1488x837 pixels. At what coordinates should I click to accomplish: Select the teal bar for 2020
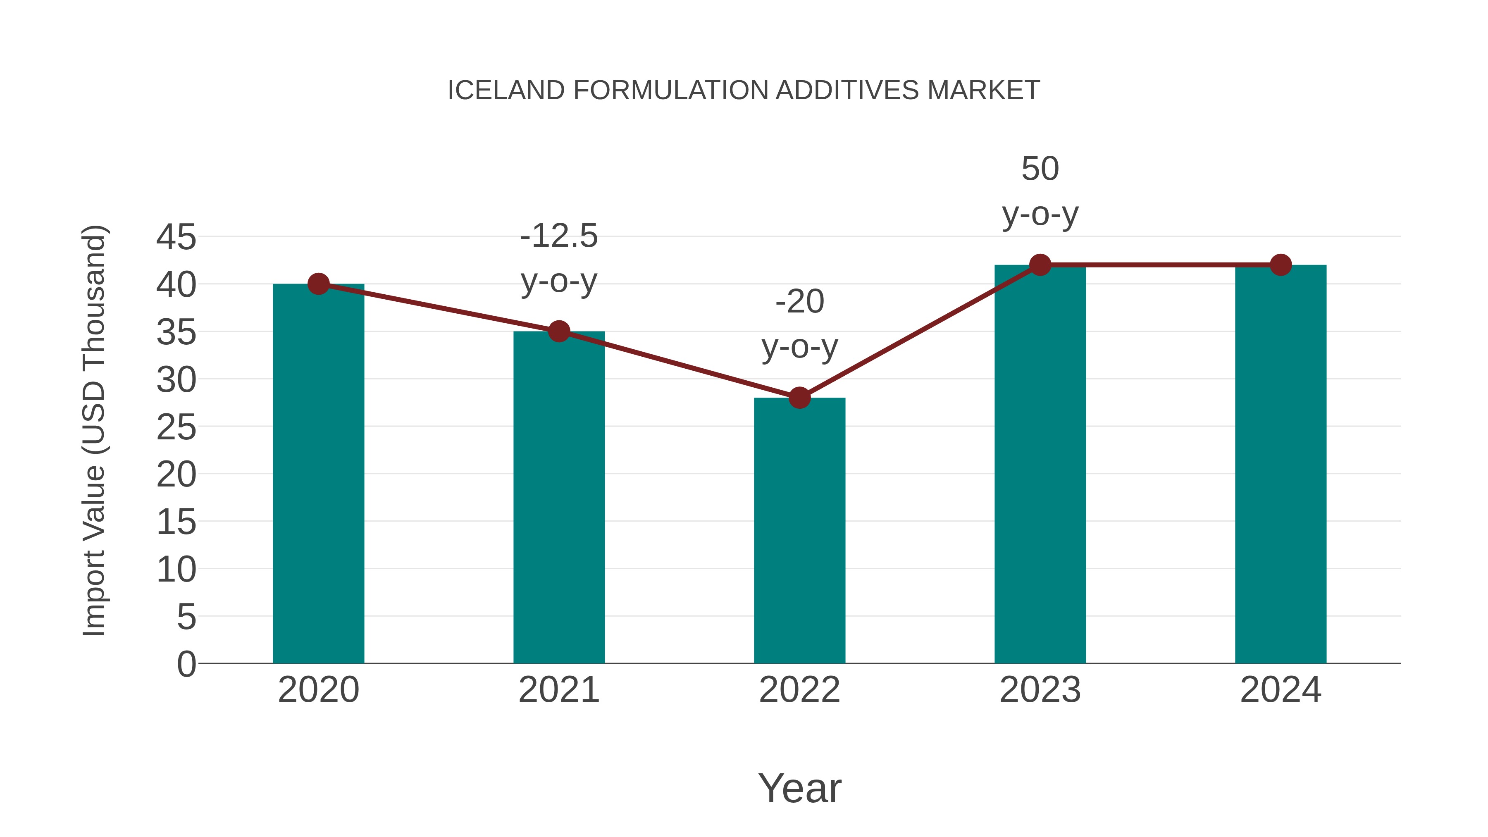pos(318,474)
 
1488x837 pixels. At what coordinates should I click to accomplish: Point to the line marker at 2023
pos(1040,265)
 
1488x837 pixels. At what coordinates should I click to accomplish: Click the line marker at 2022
pos(799,398)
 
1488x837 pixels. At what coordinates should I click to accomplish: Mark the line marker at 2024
pos(1281,265)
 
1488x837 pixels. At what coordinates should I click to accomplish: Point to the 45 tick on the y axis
pos(176,237)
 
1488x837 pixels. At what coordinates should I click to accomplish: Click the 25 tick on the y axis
pos(176,427)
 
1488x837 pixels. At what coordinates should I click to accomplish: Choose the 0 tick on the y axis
pos(186,664)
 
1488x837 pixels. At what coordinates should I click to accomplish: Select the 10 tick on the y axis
pos(176,570)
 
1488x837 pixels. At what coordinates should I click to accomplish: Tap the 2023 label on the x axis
pos(1040,690)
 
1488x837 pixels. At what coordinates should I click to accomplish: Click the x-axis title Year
pos(799,788)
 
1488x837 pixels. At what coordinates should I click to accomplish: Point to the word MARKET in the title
pos(983,91)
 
